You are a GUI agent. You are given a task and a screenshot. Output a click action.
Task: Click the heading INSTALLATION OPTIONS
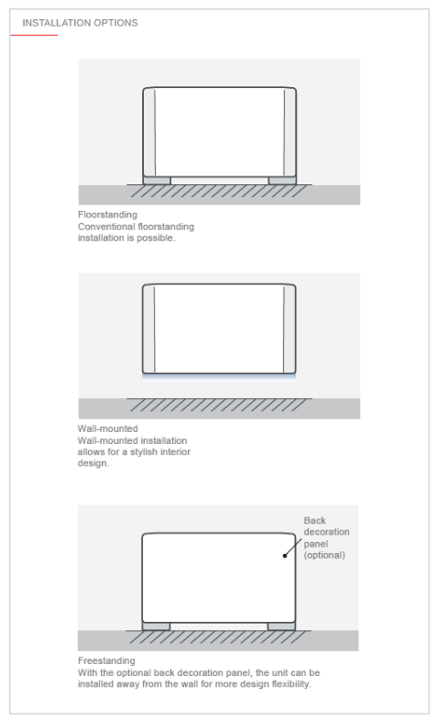pos(80,23)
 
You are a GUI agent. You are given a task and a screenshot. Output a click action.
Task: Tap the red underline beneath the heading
pos(35,35)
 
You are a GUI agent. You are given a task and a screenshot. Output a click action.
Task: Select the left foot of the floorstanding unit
pos(157,181)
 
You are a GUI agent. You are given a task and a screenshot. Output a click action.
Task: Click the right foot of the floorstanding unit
pos(282,181)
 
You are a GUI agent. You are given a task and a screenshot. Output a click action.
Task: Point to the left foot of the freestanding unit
pos(156,626)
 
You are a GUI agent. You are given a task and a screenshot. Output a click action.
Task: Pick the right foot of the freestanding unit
pos(281,626)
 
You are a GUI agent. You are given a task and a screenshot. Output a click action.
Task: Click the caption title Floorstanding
pos(107,215)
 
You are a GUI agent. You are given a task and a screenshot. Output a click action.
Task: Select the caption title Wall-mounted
pos(108,428)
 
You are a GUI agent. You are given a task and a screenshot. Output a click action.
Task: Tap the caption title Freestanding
pos(106,660)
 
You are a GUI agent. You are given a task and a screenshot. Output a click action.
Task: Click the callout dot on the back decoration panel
pos(285,556)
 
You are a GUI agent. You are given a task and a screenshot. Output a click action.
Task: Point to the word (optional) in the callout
pos(324,555)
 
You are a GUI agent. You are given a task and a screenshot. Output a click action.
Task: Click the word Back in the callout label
pos(314,520)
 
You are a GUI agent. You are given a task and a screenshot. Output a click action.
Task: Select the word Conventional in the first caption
pos(107,227)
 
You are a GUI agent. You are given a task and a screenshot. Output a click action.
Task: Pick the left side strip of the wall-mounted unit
pos(148,328)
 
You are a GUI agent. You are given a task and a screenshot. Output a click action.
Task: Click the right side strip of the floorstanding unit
pos(290,132)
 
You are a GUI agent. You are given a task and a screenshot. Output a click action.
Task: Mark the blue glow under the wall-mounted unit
pos(219,377)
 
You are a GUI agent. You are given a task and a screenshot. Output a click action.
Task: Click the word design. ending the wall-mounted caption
pos(93,463)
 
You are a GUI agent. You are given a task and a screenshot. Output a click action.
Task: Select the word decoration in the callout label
pos(326,532)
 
